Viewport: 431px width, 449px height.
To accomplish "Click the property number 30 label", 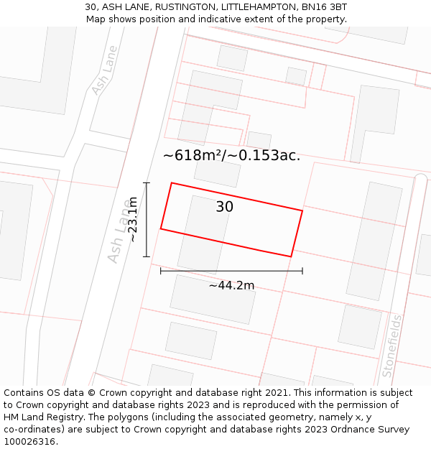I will [225, 207].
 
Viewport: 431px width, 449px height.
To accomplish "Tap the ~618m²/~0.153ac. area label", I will [231, 155].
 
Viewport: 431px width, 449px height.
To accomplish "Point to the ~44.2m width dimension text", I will [231, 285].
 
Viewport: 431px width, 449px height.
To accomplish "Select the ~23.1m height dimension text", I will [132, 219].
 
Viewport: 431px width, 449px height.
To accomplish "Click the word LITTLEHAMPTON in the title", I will [245, 7].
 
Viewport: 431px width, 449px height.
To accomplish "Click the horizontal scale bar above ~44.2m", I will [231, 271].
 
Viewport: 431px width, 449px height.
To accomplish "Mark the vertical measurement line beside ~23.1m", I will [147, 219].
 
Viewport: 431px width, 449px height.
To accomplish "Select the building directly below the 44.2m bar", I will [213, 299].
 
